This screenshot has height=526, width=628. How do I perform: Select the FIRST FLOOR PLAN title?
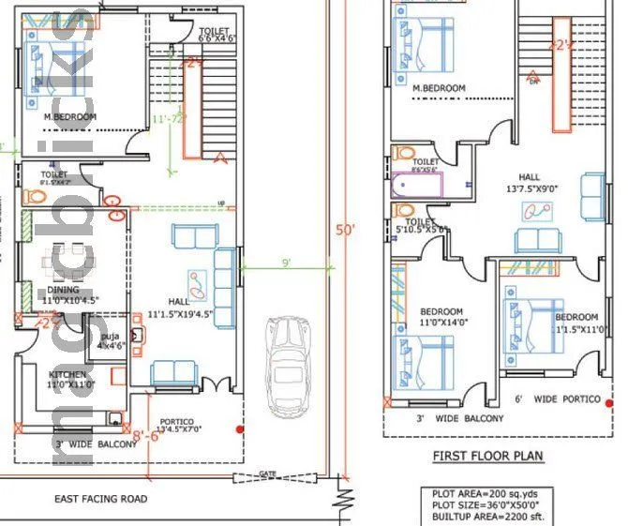point(486,457)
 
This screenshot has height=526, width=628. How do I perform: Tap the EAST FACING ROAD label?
point(100,499)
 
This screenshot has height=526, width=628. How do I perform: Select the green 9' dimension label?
point(286,263)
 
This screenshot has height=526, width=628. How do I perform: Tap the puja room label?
point(112,339)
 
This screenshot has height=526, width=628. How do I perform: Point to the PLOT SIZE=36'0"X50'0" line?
point(491,504)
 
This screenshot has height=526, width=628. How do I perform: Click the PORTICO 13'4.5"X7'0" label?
point(188,427)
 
